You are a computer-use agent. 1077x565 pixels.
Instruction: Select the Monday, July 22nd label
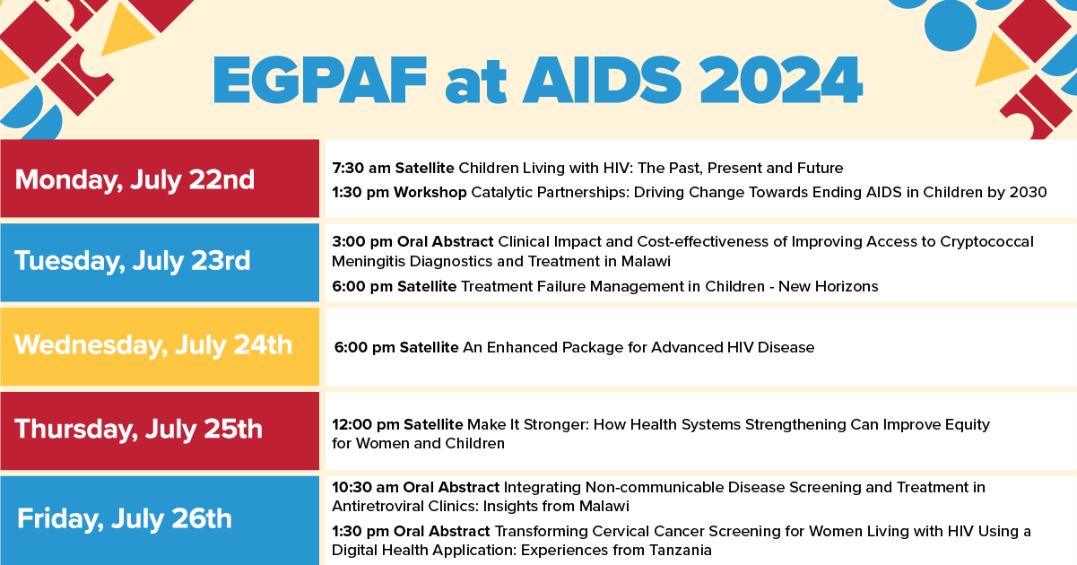coord(135,179)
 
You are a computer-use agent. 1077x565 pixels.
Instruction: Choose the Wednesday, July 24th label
coord(153,345)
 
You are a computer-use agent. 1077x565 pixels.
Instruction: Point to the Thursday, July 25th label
coord(139,429)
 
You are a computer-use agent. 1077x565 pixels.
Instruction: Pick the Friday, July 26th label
coord(125,518)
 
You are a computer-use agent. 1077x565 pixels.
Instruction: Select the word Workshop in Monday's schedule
coord(430,192)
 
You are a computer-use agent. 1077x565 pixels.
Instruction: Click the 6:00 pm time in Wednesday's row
coord(365,347)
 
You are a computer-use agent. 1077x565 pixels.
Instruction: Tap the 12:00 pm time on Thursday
coord(366,424)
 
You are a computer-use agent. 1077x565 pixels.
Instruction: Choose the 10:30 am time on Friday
coord(365,487)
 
